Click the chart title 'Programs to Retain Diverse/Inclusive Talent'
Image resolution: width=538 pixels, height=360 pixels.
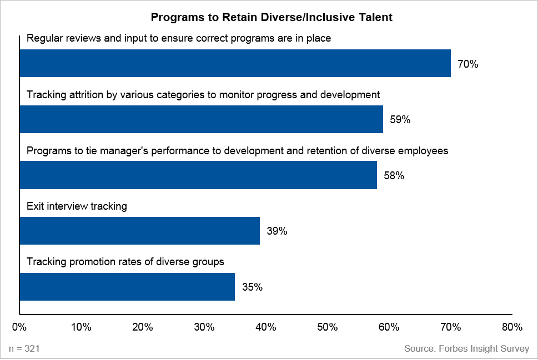pos(271,18)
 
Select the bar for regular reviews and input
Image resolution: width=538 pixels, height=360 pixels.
pos(235,63)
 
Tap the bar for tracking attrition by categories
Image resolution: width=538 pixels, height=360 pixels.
pos(201,119)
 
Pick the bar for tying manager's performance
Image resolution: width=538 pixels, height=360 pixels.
pos(198,175)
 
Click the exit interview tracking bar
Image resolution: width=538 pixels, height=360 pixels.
pos(139,231)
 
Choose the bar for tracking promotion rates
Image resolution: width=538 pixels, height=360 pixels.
pos(127,287)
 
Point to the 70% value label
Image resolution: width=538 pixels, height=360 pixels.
pos(467,64)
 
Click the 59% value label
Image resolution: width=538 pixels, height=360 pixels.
pos(400,120)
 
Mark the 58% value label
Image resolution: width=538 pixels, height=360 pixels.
pos(394,176)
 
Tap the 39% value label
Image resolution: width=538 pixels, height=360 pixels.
pos(276,231)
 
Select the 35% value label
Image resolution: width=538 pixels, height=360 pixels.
pos(252,287)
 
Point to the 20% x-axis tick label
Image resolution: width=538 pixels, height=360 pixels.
pos(143,327)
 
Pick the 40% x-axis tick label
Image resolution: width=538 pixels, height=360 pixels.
pos(265,327)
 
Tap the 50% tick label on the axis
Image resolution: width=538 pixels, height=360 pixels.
pos(327,327)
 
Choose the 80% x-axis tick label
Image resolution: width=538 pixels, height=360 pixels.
pos(511,327)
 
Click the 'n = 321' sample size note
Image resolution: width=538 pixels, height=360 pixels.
pos(24,348)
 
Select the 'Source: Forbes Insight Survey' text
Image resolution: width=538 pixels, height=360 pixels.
pos(466,348)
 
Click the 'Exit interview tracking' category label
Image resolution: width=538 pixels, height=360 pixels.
pos(77,206)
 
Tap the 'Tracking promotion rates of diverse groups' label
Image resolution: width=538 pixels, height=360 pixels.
pos(125,262)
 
